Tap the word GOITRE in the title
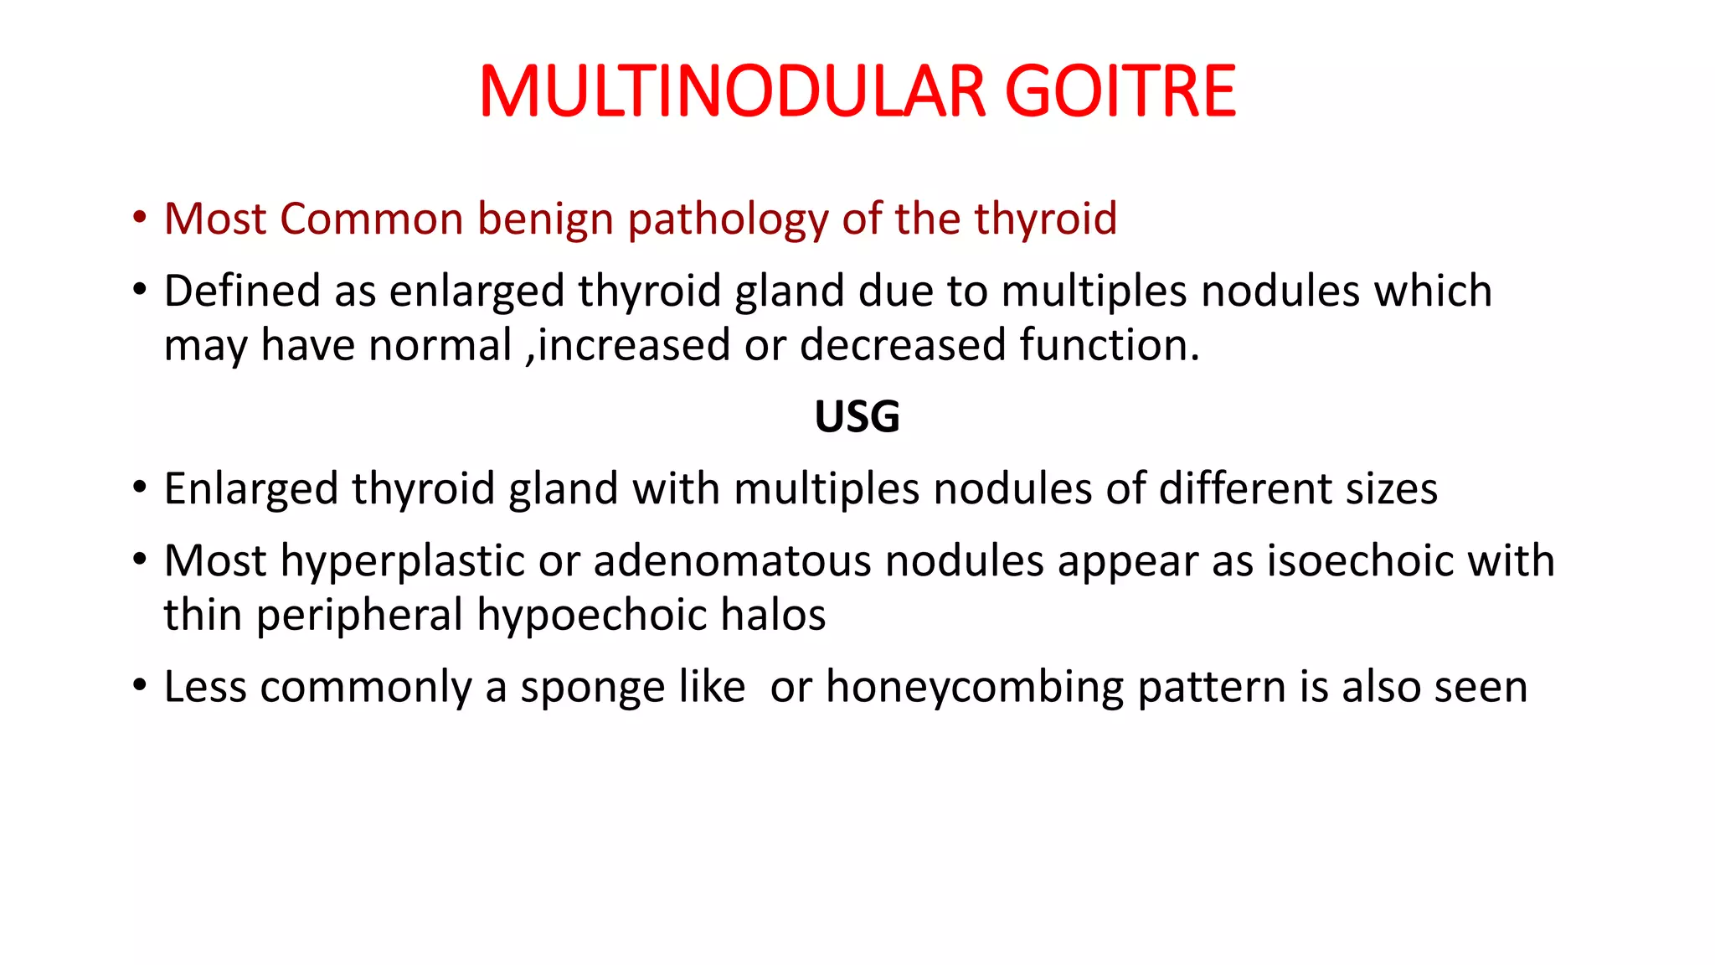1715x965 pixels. (1120, 91)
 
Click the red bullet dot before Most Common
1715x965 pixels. (140, 218)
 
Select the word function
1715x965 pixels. (1110, 346)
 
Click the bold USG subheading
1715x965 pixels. (857, 416)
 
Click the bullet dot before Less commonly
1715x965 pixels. (140, 685)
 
